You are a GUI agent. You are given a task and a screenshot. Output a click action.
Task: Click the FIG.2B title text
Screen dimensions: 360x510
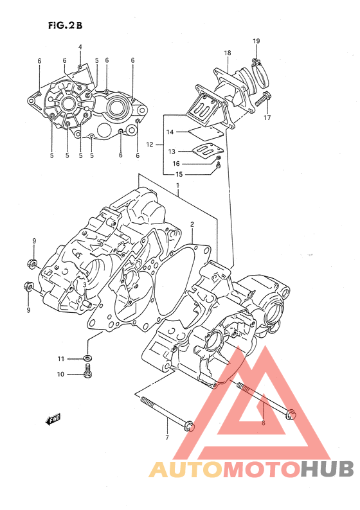(x=65, y=25)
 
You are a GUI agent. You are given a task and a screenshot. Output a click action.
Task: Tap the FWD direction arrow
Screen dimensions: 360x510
(x=53, y=419)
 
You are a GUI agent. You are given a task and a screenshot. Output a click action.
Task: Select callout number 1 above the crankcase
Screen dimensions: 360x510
(x=178, y=185)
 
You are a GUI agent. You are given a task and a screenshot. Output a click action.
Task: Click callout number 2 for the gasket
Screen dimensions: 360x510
(x=192, y=224)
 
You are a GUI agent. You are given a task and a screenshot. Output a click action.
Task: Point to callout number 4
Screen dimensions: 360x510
(x=80, y=47)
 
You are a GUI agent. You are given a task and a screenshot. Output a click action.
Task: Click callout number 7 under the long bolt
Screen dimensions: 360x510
(x=167, y=437)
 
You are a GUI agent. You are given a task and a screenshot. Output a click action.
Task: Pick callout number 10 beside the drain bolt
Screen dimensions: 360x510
(x=61, y=374)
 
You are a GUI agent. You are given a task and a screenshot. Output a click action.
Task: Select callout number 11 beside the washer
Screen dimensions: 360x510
(x=61, y=359)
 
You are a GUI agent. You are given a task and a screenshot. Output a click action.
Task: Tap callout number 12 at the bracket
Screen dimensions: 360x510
(x=150, y=145)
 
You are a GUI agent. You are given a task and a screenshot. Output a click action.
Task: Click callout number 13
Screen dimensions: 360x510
(x=172, y=152)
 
